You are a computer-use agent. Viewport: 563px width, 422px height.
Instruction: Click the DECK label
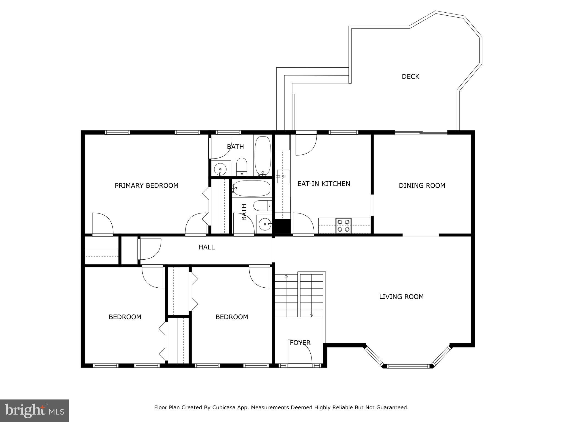(410, 77)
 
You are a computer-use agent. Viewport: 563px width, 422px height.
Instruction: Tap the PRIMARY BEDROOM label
(147, 186)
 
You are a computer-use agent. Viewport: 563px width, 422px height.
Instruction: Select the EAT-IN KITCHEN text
(324, 184)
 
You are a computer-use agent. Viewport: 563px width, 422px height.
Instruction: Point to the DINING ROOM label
(422, 186)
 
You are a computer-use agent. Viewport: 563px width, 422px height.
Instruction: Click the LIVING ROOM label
(401, 297)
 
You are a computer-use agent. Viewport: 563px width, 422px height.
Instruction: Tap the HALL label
(206, 247)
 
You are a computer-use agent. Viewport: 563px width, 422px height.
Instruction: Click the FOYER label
(300, 343)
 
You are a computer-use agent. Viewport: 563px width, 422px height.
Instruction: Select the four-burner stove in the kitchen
(343, 225)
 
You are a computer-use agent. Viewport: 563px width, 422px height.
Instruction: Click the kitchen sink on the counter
(283, 176)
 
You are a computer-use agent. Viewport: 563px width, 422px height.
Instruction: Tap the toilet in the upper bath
(242, 166)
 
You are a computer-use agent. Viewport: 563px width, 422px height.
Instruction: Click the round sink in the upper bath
(220, 168)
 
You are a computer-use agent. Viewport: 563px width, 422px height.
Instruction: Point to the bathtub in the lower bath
(251, 188)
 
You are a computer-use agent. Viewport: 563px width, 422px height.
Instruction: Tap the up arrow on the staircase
(286, 276)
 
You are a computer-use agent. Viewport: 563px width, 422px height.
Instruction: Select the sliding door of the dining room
(421, 133)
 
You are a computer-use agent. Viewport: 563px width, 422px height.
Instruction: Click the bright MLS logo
(34, 410)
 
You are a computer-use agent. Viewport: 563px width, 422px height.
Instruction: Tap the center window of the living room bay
(408, 366)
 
